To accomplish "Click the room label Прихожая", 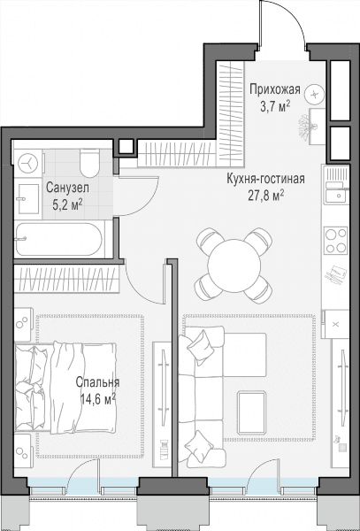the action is tap(275, 90).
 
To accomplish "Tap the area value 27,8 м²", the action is tap(265, 196).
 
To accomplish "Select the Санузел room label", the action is tap(68, 188).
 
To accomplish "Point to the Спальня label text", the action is tap(97, 382).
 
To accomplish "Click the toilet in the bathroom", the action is tap(90, 164).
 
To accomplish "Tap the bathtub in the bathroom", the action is tap(59, 239).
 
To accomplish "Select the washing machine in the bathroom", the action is tap(28, 163).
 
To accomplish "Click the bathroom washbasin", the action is tap(28, 199).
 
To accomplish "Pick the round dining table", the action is tap(234, 265).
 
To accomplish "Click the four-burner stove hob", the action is tap(335, 241).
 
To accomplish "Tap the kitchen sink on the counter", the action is tap(335, 196).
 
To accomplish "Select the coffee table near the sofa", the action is tap(252, 412).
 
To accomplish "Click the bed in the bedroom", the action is tap(65, 388).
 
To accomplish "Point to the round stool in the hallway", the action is tap(314, 94).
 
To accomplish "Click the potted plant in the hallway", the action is tap(306, 127).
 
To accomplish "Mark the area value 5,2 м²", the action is tap(67, 205).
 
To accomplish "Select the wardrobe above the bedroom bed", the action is tap(66, 279).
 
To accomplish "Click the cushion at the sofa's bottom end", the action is tap(200, 447).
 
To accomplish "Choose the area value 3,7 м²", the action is tap(275, 107).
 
